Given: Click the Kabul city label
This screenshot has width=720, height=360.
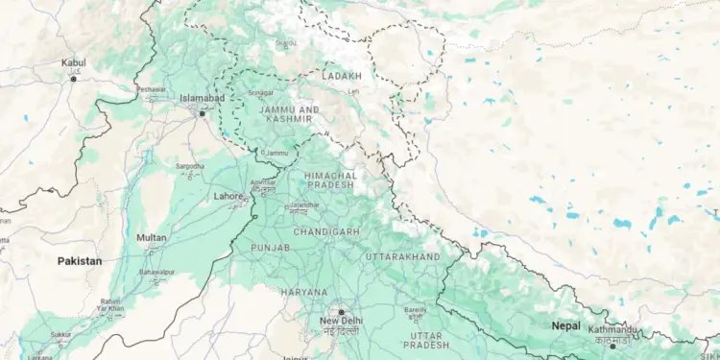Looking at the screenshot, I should [x=73, y=63].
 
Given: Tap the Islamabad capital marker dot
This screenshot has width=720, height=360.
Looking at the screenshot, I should [x=202, y=114].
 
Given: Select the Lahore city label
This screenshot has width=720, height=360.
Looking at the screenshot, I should [x=228, y=197].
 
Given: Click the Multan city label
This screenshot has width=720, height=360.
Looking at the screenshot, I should [x=151, y=237].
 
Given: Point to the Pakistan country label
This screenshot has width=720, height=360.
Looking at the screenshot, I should [x=79, y=261].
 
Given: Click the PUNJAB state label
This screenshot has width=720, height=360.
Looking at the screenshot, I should [x=270, y=248].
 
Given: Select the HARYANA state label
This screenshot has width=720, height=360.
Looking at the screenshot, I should [x=304, y=291].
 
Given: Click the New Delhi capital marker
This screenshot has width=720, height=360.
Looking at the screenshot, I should [x=340, y=312].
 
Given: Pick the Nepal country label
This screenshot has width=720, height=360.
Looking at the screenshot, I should [x=565, y=326].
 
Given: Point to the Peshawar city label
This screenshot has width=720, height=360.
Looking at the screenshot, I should [x=151, y=89].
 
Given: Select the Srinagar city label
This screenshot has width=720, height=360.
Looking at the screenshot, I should [x=261, y=93].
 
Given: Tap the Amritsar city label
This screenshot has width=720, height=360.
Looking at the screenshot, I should [x=262, y=182].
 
